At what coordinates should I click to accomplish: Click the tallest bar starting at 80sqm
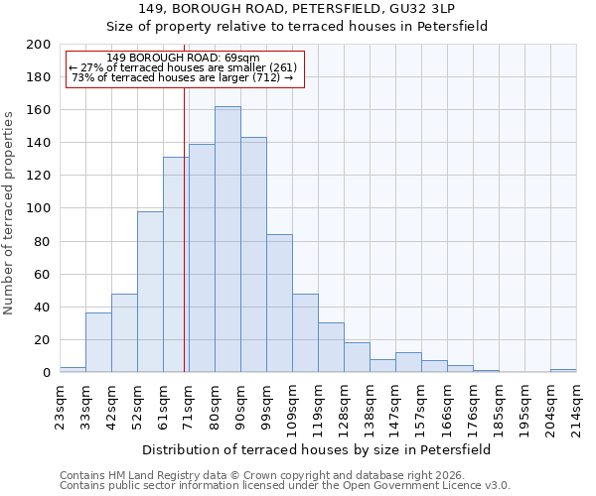(x=227, y=239)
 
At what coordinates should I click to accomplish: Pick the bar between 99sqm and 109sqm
(x=279, y=304)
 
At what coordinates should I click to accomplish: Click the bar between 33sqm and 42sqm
(x=98, y=342)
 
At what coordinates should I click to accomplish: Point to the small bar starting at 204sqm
(x=563, y=370)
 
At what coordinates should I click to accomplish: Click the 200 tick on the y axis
(x=39, y=45)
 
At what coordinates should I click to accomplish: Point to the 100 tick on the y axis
(x=39, y=208)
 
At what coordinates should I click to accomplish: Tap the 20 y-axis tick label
(x=43, y=340)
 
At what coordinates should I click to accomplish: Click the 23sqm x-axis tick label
(x=60, y=401)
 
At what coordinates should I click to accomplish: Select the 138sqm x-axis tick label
(x=370, y=403)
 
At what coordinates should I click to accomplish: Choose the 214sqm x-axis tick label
(x=576, y=403)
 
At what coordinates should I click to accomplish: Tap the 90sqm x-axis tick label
(x=240, y=401)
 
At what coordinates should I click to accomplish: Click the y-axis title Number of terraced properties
(x=10, y=212)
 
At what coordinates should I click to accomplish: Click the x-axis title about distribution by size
(x=318, y=449)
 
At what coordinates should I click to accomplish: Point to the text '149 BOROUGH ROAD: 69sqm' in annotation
(x=183, y=59)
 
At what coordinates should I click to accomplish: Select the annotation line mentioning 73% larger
(x=183, y=77)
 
